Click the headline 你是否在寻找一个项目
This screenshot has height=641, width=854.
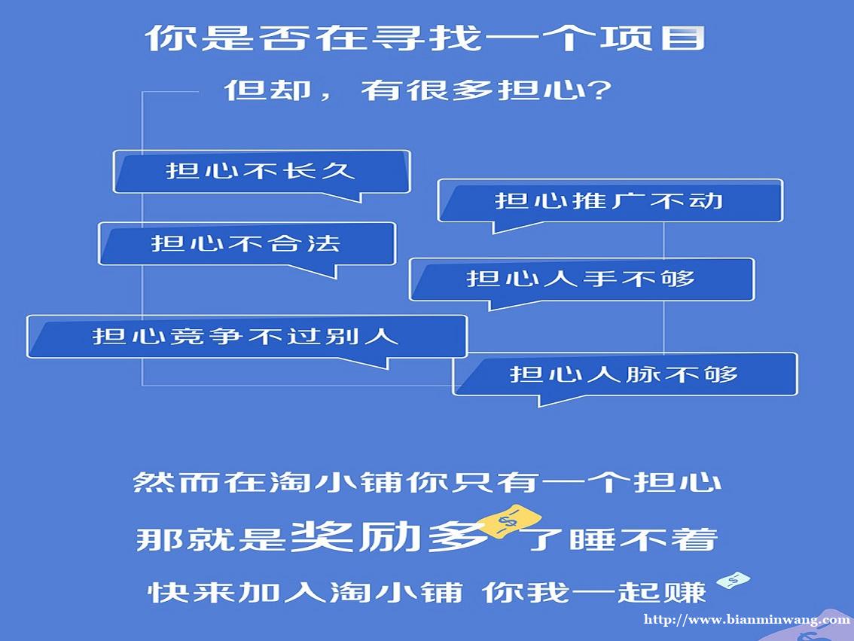click(x=425, y=38)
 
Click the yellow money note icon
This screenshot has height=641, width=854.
click(x=511, y=521)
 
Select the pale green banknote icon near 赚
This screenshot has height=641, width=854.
click(x=733, y=581)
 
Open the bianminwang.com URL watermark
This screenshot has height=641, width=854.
click(x=747, y=619)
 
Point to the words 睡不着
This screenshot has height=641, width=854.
click(x=643, y=539)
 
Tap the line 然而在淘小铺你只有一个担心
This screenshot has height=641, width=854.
click(x=428, y=482)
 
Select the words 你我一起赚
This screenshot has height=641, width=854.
click(x=594, y=593)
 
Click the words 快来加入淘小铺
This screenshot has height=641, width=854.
click(x=305, y=593)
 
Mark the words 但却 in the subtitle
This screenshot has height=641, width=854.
click(x=267, y=90)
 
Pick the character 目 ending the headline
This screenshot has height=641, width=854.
click(x=683, y=38)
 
